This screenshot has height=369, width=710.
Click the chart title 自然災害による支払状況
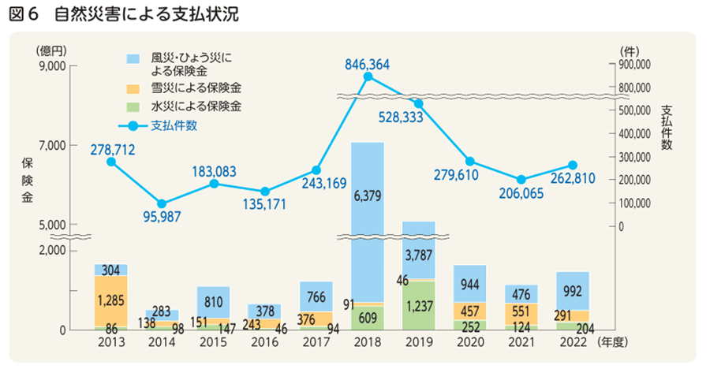[146, 14]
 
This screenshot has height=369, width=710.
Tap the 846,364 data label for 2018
[368, 64]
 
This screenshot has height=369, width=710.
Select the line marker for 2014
[162, 204]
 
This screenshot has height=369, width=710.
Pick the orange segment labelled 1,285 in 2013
[110, 300]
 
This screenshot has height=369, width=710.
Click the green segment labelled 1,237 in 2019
[418, 305]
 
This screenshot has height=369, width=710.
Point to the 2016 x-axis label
[264, 342]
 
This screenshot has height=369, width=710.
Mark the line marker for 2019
[419, 103]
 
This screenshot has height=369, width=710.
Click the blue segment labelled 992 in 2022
[572, 291]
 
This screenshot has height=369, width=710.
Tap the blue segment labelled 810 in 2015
[213, 301]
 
